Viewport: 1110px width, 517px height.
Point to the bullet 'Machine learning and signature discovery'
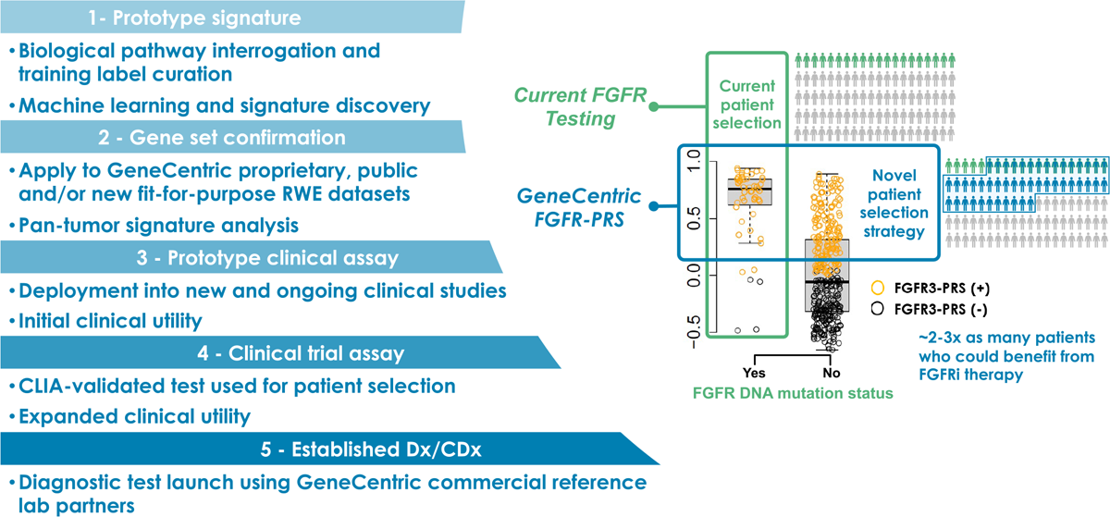[x=218, y=105]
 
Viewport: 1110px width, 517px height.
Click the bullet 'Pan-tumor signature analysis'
[x=153, y=225]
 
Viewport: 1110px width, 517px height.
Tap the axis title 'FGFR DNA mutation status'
[x=793, y=394]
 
